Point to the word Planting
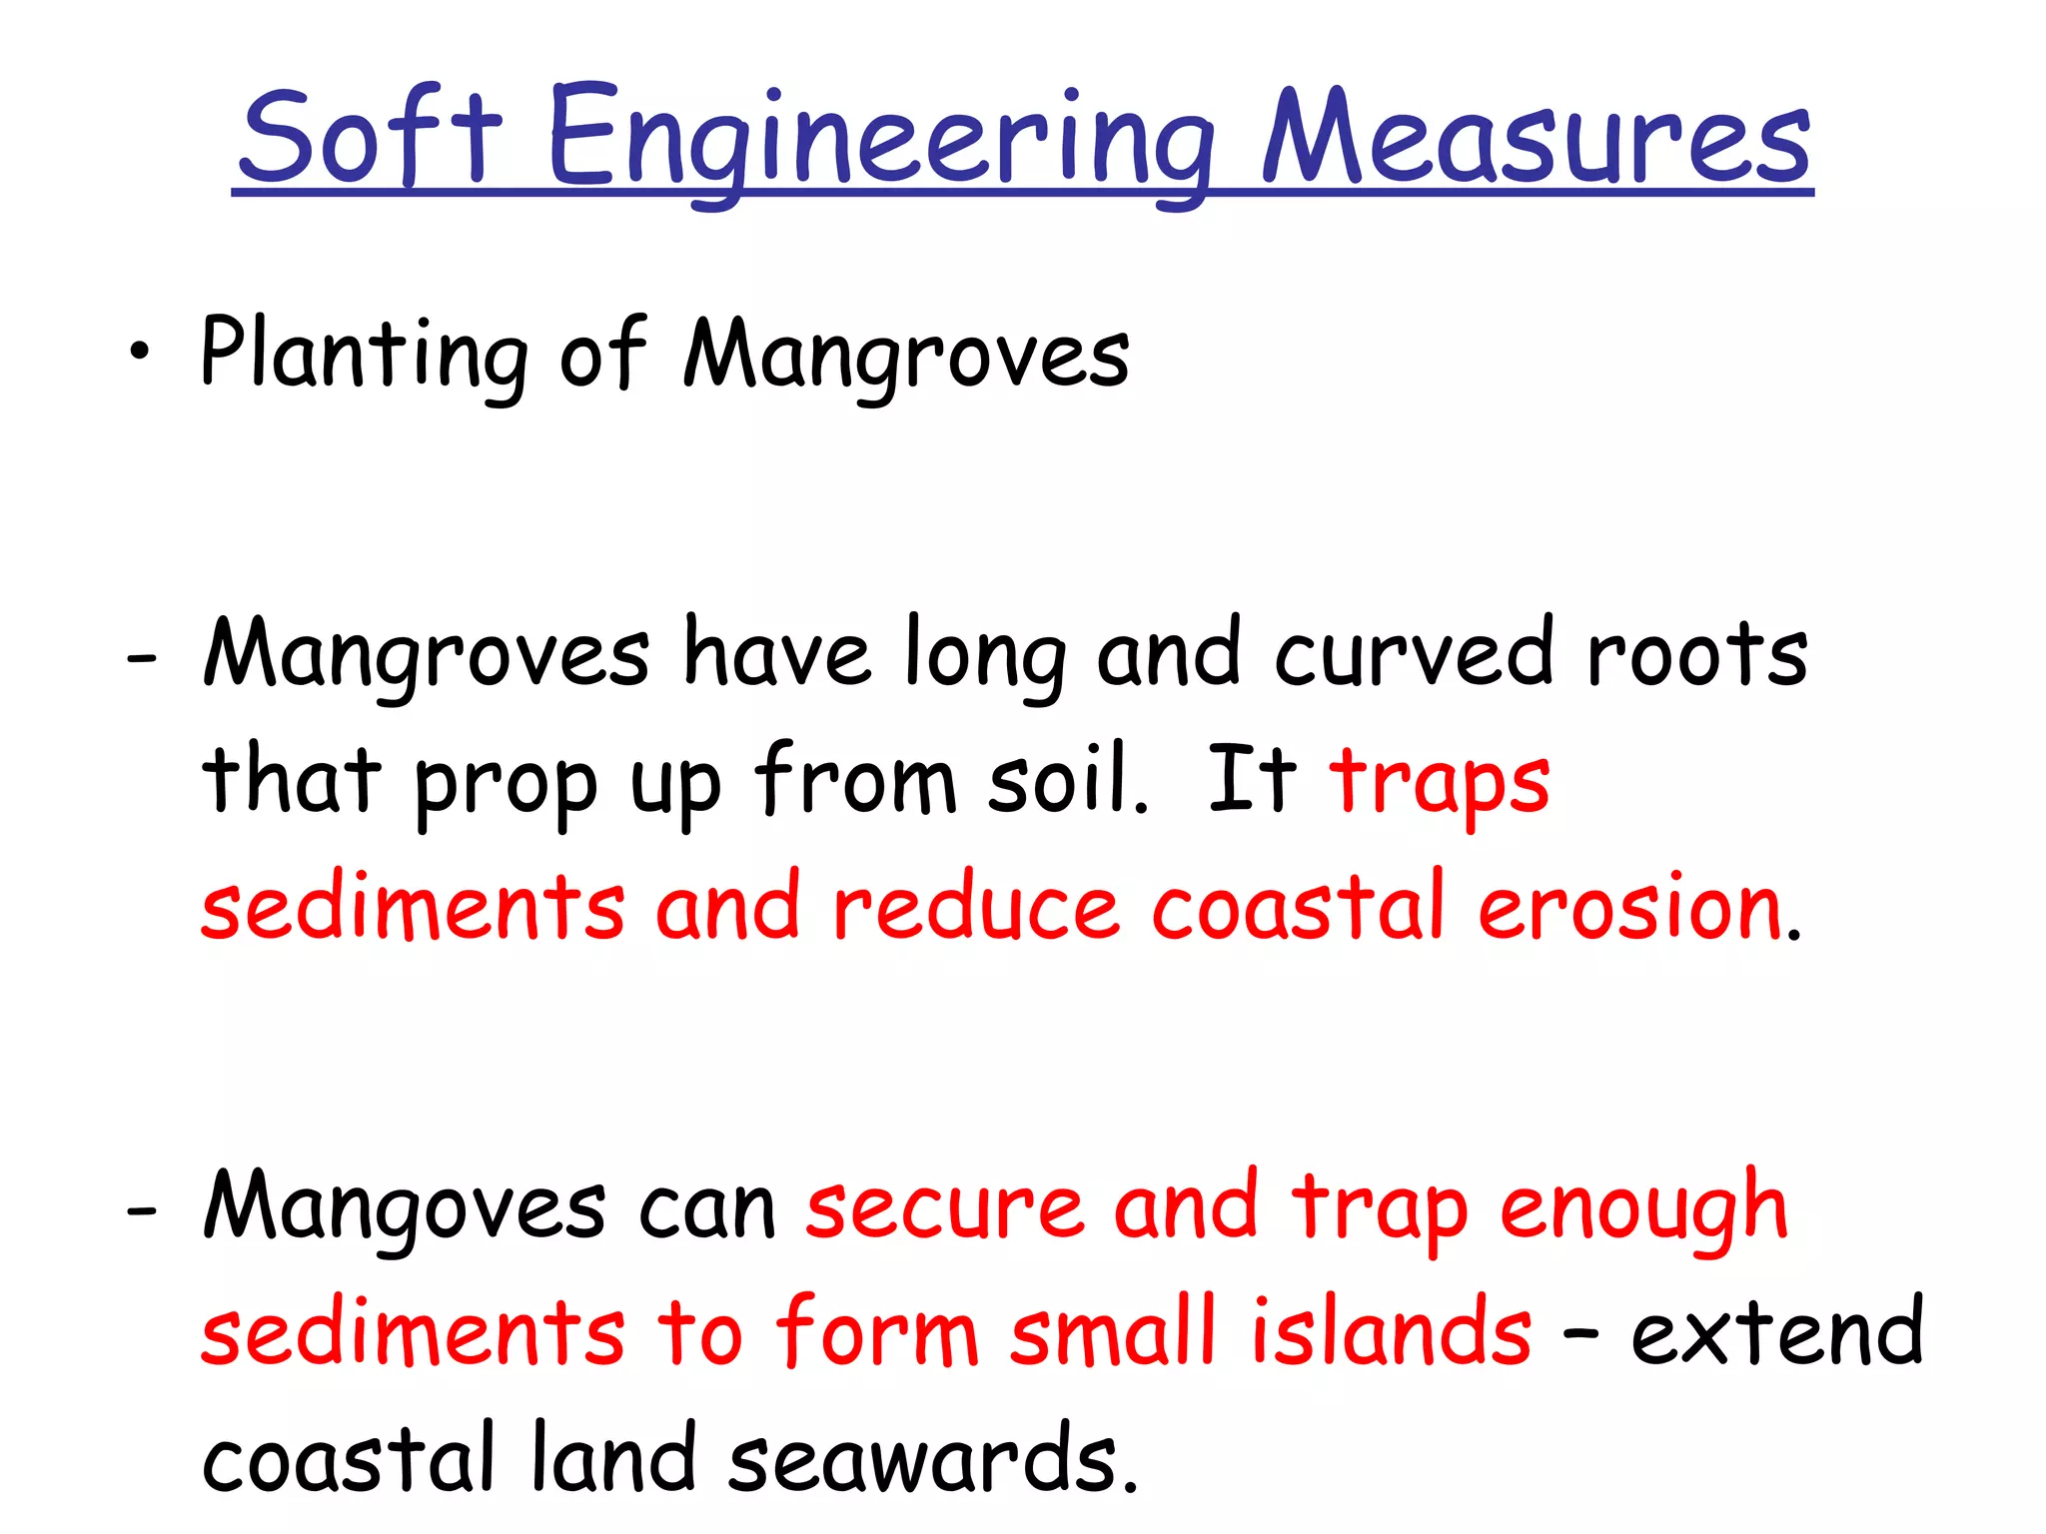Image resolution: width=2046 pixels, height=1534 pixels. pyautogui.click(x=364, y=354)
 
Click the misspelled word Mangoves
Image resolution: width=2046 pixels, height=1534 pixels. pyautogui.click(x=404, y=1208)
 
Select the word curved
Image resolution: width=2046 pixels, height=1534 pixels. pyautogui.click(x=1414, y=654)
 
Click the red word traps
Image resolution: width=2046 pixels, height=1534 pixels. pyautogui.click(x=1440, y=784)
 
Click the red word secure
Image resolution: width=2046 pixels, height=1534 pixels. pyautogui.click(x=944, y=1208)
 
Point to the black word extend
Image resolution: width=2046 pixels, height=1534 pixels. pyautogui.click(x=1777, y=1332)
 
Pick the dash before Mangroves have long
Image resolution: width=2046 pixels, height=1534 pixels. pyautogui.click(x=142, y=659)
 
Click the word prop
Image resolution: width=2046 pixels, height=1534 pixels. pyautogui.click(x=506, y=784)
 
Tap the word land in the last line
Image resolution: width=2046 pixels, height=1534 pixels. pyautogui.click(x=613, y=1457)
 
